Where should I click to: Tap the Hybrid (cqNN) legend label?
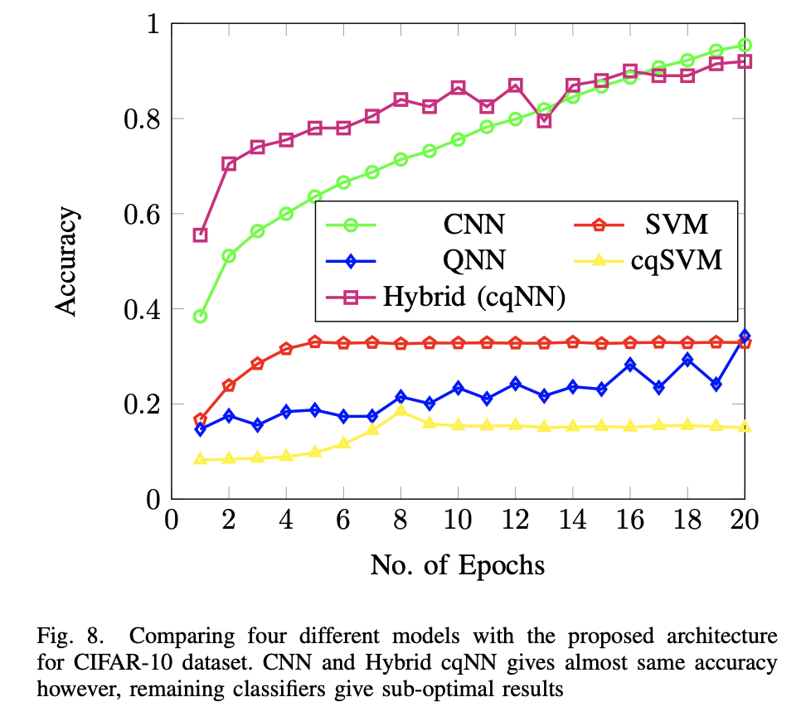(x=473, y=298)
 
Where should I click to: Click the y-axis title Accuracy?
(x=68, y=262)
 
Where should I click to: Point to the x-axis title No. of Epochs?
(x=457, y=566)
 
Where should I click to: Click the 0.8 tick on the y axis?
(x=141, y=119)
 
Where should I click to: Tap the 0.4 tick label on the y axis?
(x=141, y=310)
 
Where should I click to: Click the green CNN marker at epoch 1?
(x=200, y=317)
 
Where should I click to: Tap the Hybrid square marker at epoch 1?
(x=200, y=235)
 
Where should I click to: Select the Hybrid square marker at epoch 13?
(x=544, y=121)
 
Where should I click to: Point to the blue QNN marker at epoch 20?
(x=745, y=336)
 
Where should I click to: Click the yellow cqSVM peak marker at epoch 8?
(x=400, y=410)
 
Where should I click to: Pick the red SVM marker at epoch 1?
(x=200, y=419)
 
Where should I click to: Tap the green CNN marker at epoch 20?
(x=745, y=45)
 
